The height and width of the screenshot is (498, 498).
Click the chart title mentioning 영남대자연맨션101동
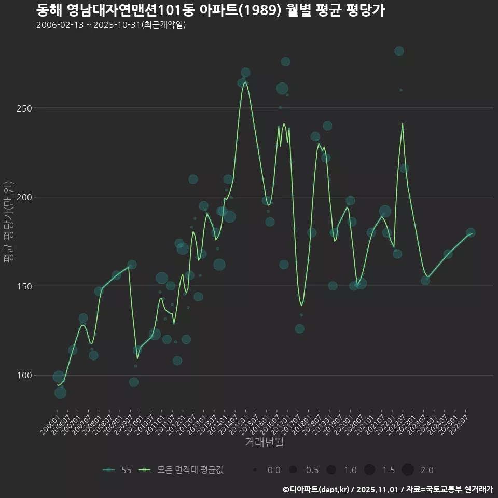coord(210,10)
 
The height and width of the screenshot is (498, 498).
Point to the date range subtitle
coord(111,25)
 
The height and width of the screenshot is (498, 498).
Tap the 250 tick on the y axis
coord(25,108)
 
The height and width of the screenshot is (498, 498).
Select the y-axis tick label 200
coord(25,197)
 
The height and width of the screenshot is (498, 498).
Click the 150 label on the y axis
coord(25,286)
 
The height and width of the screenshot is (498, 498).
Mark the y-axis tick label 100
coord(25,375)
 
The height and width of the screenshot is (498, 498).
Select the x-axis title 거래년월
coord(264,442)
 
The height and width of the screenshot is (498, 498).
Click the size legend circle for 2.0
coord(408,470)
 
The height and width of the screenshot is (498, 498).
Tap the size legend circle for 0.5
coord(293,470)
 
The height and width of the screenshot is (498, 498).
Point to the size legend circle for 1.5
coord(369,470)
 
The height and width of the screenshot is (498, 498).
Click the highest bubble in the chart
coord(399,51)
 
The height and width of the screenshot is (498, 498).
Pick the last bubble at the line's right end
coord(471,233)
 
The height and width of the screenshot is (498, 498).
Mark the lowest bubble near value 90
coord(60,393)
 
